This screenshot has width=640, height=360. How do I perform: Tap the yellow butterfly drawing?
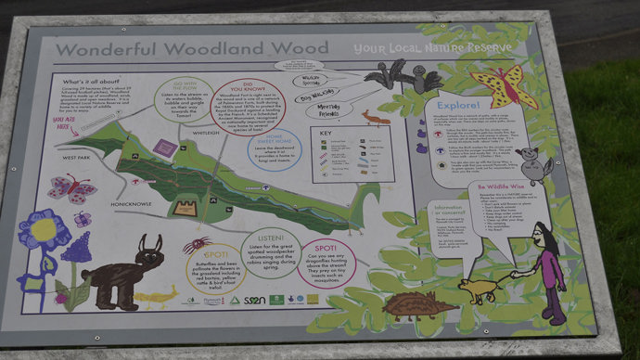point(505,86)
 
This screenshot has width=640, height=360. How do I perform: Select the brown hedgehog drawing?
point(418,305)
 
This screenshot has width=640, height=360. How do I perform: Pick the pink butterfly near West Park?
point(71,188)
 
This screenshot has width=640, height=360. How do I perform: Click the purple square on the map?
point(165,147)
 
